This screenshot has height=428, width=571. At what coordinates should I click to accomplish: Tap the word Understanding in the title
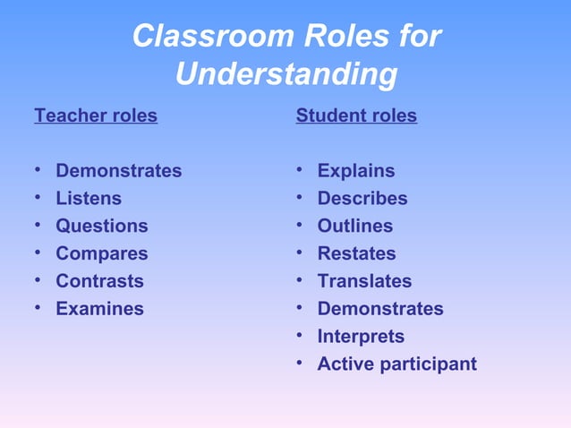[286, 75]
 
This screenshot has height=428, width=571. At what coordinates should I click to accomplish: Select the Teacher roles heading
[96, 116]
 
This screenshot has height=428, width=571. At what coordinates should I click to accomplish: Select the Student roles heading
[356, 116]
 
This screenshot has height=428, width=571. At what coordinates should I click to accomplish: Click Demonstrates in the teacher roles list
[119, 171]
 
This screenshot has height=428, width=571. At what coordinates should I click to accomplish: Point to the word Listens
[89, 199]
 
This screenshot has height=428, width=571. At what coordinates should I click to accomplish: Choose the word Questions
[102, 227]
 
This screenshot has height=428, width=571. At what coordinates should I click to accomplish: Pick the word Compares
[102, 254]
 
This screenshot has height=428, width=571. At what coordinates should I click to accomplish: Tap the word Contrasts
[99, 281]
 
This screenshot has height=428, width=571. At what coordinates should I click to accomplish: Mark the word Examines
[99, 309]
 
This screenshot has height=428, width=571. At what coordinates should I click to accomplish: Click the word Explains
[356, 171]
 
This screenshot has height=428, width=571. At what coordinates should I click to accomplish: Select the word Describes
[362, 199]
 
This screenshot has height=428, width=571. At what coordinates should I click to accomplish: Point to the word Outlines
[355, 227]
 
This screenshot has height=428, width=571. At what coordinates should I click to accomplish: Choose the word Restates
[356, 254]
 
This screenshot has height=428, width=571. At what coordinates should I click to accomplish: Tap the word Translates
[364, 281]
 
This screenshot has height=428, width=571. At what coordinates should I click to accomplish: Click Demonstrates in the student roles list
[380, 309]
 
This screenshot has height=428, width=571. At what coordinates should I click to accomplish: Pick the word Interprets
[361, 337]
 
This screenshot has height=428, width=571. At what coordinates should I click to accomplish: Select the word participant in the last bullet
[430, 365]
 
